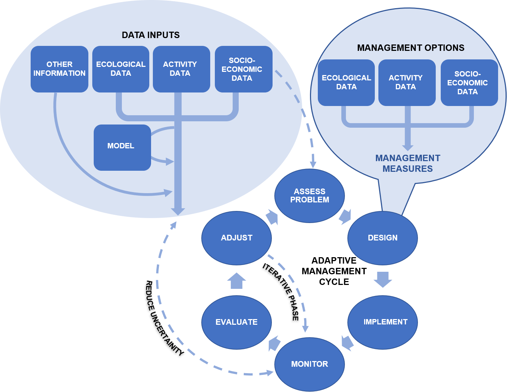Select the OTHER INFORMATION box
(60, 69)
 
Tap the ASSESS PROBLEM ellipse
(309, 196)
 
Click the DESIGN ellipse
(382, 238)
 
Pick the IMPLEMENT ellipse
(382, 322)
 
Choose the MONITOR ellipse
(309, 364)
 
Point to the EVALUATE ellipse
(236, 322)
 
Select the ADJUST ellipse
(236, 238)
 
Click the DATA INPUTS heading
(151, 35)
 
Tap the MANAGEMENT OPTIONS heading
(410, 48)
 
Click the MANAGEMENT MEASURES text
(408, 163)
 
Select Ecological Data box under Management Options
(346, 83)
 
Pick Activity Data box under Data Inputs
(181, 69)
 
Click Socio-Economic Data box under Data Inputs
(243, 69)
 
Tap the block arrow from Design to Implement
(383, 280)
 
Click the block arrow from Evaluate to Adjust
(237, 281)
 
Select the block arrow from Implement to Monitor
(347, 343)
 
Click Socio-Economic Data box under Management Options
(469, 83)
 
